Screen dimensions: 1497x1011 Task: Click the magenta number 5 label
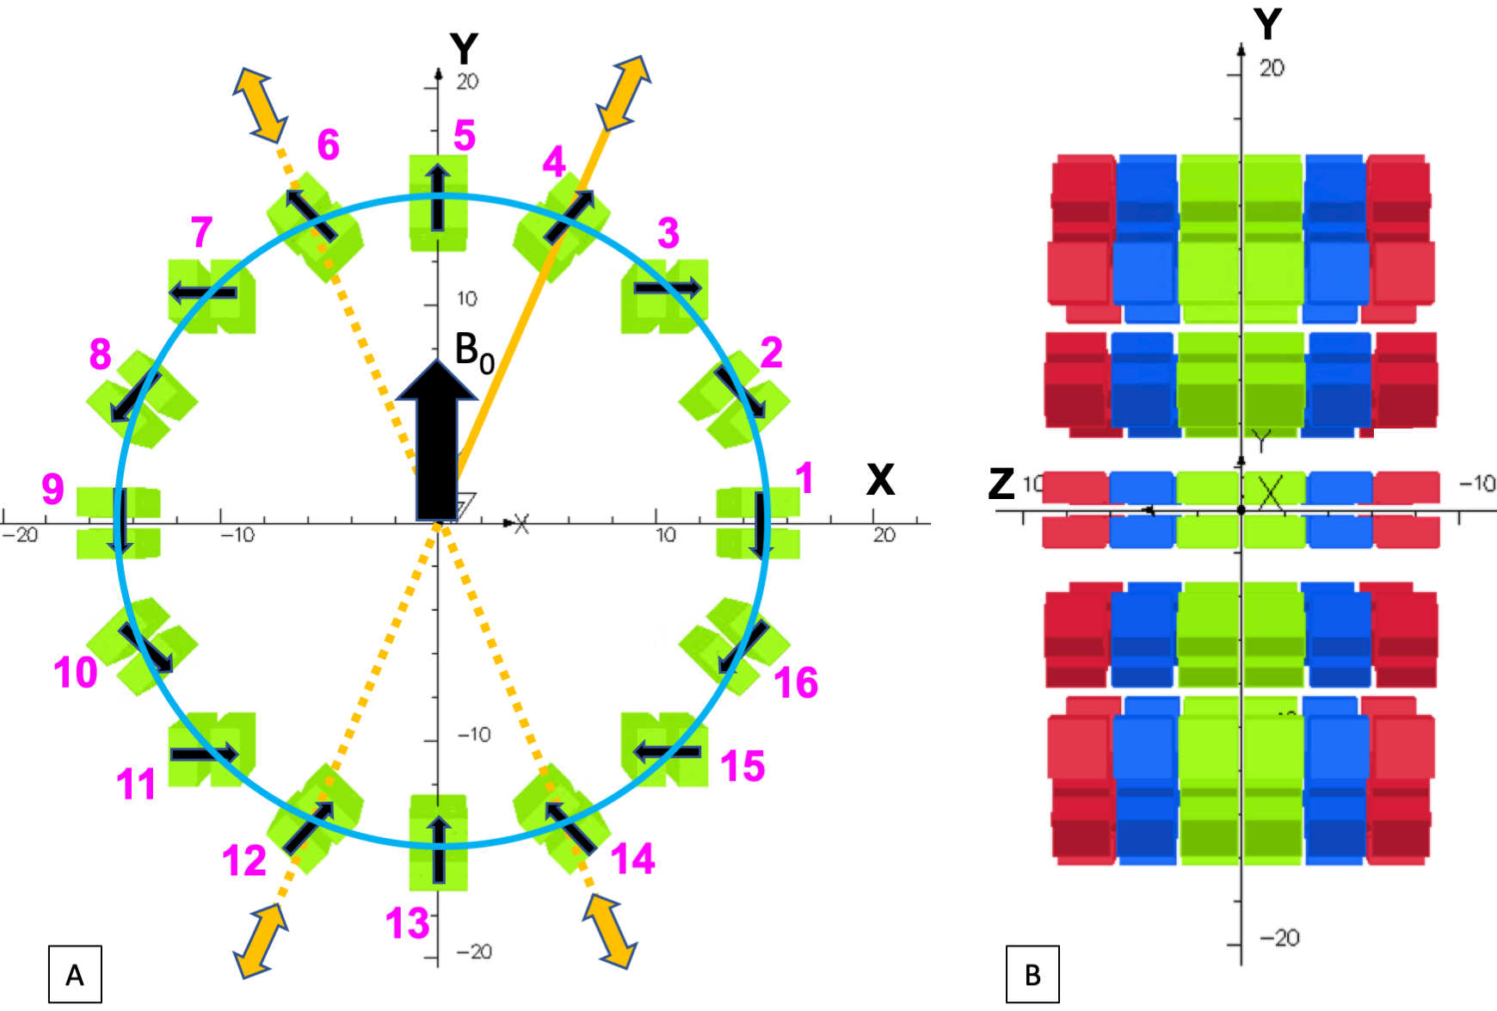click(x=465, y=136)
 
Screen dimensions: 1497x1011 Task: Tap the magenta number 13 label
click(x=407, y=923)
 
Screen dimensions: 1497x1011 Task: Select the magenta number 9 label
click(x=53, y=489)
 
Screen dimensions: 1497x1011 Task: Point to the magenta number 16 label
click(x=796, y=682)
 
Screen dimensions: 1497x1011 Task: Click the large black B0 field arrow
click(x=437, y=439)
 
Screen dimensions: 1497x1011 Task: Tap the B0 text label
click(x=475, y=353)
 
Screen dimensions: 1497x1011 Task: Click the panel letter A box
click(x=75, y=974)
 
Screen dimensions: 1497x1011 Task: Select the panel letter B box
click(x=1032, y=974)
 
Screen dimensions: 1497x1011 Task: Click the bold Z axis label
click(x=1001, y=484)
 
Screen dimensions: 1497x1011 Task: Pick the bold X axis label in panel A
click(x=880, y=480)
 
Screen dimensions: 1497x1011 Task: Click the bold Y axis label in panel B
click(x=1267, y=24)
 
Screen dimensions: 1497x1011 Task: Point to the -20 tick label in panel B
click(x=1279, y=938)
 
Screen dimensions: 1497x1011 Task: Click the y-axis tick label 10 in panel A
click(x=466, y=299)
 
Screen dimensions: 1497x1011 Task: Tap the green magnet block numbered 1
click(x=758, y=523)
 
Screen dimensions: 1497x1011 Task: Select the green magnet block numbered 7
click(x=212, y=296)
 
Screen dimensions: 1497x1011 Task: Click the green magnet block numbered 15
click(x=664, y=749)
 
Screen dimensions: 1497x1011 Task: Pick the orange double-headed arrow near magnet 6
click(x=261, y=105)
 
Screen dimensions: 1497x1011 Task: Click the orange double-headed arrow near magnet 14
click(x=610, y=932)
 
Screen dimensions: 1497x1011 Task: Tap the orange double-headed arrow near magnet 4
click(x=624, y=93)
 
